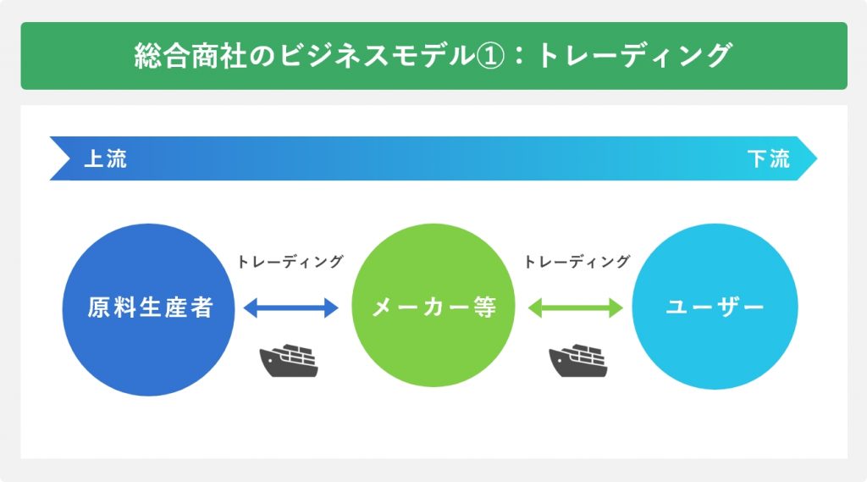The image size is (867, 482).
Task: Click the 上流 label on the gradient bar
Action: [x=105, y=158]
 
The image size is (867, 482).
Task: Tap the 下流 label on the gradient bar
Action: [x=769, y=158]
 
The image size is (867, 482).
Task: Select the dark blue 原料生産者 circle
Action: [x=149, y=309]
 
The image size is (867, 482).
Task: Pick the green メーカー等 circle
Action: [x=433, y=306]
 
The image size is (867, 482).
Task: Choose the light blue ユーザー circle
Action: [x=715, y=306]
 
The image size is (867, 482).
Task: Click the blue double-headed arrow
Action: [x=291, y=307]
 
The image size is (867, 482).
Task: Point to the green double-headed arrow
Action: [x=576, y=307]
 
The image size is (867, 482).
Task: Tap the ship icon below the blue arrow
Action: [x=289, y=360]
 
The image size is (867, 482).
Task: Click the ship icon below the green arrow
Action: [x=577, y=360]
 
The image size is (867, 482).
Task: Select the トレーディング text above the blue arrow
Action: [x=290, y=261]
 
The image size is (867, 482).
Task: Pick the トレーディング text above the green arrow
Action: [x=577, y=261]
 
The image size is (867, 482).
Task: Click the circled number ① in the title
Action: [x=490, y=56]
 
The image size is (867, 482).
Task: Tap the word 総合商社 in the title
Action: [x=191, y=56]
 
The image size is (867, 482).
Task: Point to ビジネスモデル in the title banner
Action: [x=375, y=56]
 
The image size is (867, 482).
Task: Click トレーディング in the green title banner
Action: [x=635, y=56]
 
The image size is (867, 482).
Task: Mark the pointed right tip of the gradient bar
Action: [x=817, y=158]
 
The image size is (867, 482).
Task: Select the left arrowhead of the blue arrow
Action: [x=251, y=307]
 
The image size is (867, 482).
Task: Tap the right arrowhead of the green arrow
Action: [x=616, y=307]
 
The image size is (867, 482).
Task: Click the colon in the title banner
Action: [x=519, y=57]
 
